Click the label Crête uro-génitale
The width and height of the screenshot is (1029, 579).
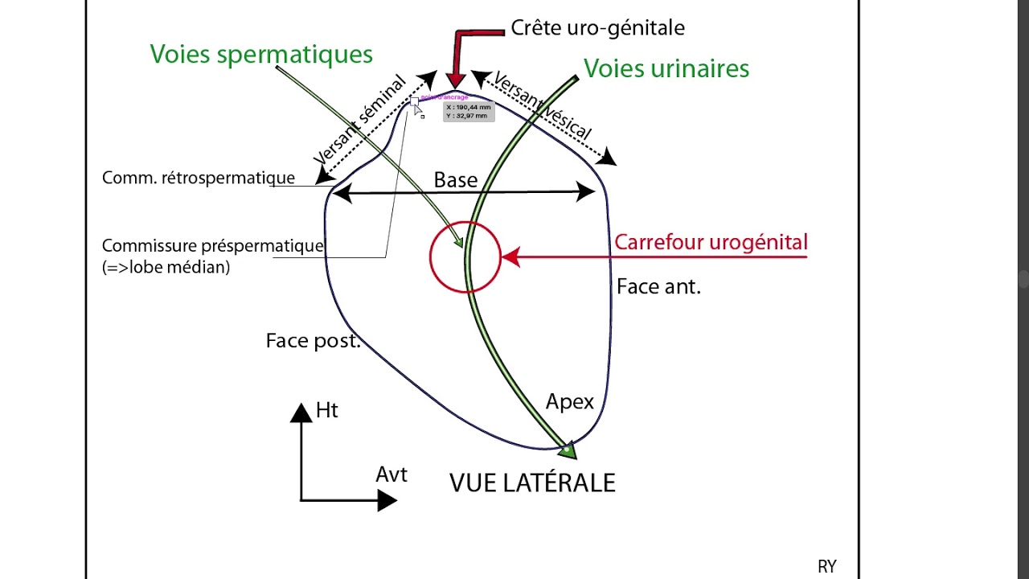click(597, 28)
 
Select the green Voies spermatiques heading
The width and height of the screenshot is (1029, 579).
click(261, 54)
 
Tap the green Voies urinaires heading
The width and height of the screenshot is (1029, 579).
click(666, 68)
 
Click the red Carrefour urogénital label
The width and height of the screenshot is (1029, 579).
click(711, 242)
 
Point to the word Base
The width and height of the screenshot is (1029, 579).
click(456, 180)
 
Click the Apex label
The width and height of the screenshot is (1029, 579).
click(569, 401)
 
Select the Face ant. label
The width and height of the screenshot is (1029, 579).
click(658, 286)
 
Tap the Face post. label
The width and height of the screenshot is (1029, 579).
click(313, 341)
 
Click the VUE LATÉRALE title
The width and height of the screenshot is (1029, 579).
click(532, 482)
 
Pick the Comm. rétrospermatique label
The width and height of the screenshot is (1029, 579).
click(199, 178)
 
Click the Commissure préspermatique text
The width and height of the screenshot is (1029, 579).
click(213, 246)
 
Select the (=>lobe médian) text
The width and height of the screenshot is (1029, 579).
click(166, 268)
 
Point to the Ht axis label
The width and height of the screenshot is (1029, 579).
click(326, 410)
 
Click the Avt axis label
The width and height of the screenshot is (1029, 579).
click(392, 474)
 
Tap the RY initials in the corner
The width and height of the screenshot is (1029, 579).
click(826, 567)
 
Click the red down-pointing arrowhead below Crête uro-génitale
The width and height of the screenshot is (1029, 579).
click(456, 80)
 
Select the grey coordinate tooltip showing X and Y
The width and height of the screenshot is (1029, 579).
click(468, 111)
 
